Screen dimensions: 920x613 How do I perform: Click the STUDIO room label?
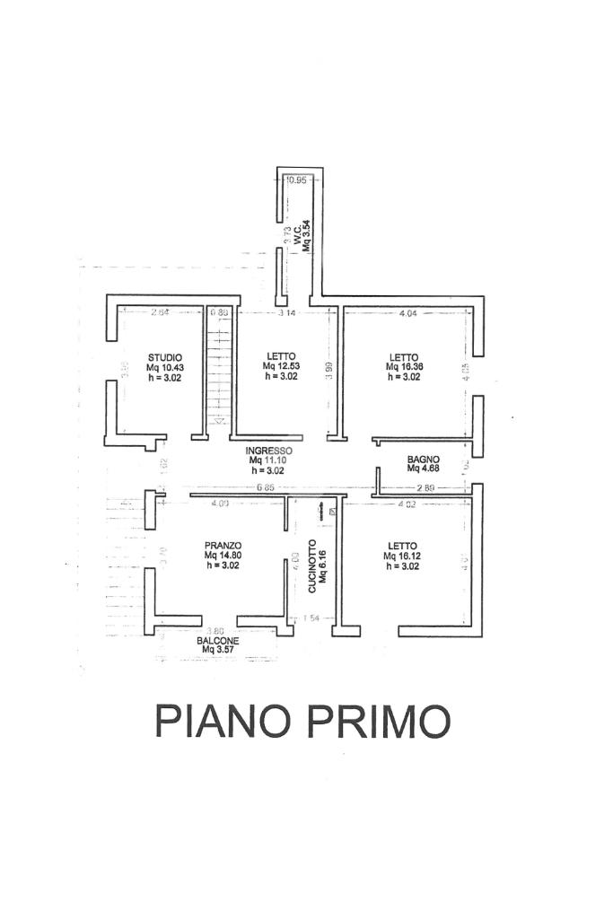(x=165, y=357)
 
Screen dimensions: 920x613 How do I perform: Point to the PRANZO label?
(x=223, y=545)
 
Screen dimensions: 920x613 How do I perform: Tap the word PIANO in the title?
(x=224, y=720)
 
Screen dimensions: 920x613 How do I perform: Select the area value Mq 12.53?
(x=280, y=366)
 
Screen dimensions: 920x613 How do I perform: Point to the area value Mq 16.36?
(x=404, y=367)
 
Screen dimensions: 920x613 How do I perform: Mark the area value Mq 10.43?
(x=165, y=367)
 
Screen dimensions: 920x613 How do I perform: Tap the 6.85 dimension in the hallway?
(x=265, y=488)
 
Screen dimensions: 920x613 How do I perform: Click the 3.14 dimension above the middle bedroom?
(x=286, y=313)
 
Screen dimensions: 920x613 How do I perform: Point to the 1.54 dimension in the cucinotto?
(x=311, y=618)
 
